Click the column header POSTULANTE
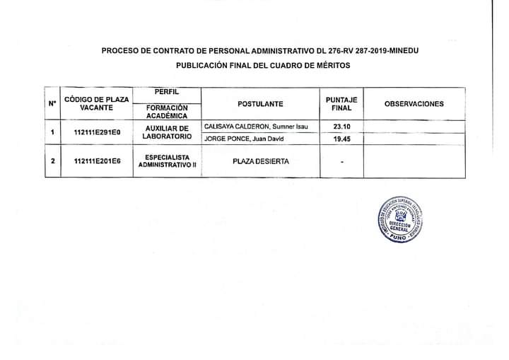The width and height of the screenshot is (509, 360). click(x=260, y=104)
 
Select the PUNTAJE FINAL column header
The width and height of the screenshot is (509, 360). click(x=341, y=104)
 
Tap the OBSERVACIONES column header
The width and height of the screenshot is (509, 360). click(x=414, y=104)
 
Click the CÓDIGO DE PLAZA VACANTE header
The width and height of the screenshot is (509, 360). click(x=96, y=104)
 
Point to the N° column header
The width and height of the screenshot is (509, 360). click(x=52, y=104)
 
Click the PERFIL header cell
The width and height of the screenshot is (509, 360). click(x=166, y=93)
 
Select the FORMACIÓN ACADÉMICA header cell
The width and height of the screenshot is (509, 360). click(x=166, y=111)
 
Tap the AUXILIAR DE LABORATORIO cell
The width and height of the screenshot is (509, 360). click(x=166, y=132)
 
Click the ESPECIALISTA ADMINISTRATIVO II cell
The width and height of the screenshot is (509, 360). click(x=166, y=161)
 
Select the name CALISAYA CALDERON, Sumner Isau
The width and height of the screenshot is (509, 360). click(x=255, y=127)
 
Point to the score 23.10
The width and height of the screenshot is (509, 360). click(x=341, y=127)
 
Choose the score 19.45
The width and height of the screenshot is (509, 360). click(x=341, y=139)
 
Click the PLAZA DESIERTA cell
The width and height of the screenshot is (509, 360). click(x=260, y=161)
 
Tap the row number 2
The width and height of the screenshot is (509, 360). click(x=52, y=161)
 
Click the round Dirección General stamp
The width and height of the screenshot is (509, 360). click(x=400, y=217)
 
